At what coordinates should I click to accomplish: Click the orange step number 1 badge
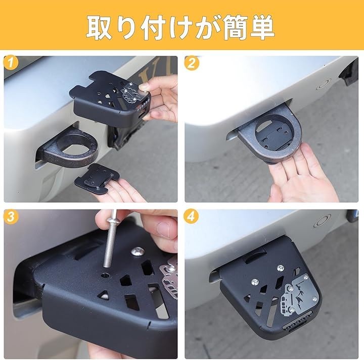pos(11,63)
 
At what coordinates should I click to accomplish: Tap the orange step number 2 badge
pos(192,63)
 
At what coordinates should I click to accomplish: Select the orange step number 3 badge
pos(11,216)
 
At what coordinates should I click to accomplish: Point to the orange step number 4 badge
pos(191,216)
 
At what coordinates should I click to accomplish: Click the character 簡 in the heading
pos(235,27)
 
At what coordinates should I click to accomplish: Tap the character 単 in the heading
pos(262,27)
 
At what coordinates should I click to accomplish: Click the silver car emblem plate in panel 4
pos(299,293)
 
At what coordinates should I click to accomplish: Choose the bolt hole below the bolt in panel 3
pos(106,275)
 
